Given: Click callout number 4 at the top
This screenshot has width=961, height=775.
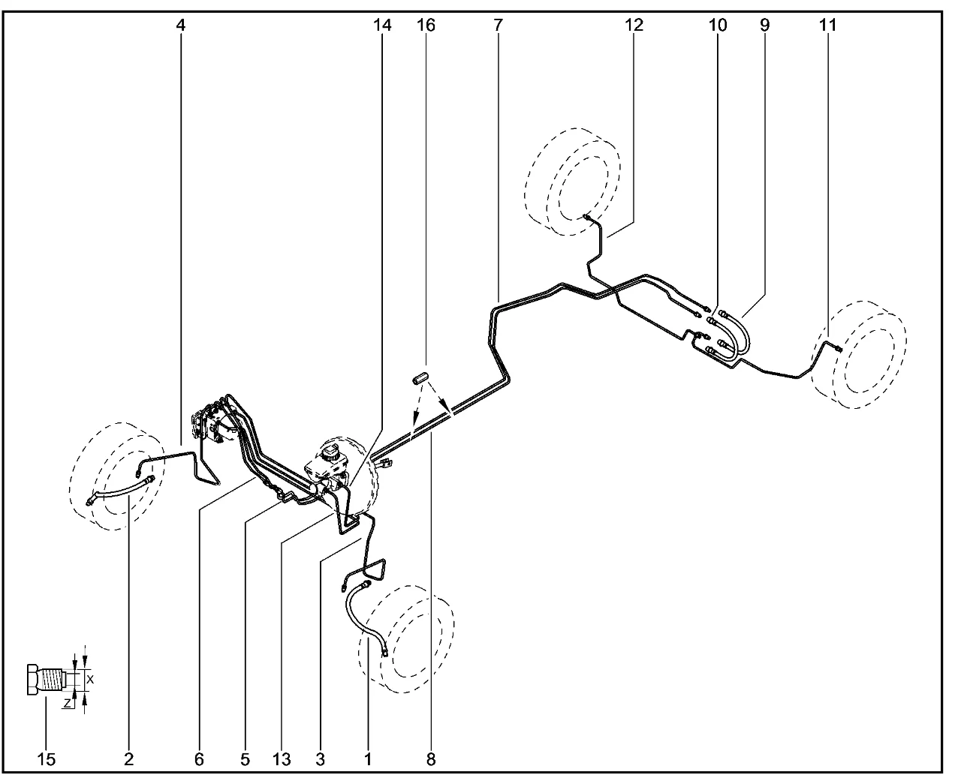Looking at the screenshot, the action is coord(180,26).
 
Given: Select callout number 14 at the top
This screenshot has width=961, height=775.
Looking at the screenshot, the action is coord(381,26).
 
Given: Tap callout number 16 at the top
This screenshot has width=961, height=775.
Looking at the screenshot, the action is coord(426,26).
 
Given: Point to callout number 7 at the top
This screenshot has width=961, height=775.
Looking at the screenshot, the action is coord(498,26).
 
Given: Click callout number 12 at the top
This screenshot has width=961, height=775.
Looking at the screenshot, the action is coord(634,26).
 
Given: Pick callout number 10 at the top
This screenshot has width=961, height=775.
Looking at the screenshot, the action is coord(717,26).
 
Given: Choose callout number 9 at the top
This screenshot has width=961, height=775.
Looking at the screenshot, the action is coord(764,26).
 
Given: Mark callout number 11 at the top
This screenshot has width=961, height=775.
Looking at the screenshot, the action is coord(827,26).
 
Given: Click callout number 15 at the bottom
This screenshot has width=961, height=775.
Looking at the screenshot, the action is coord(46,759).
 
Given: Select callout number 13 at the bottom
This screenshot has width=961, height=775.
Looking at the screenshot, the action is coord(282,759).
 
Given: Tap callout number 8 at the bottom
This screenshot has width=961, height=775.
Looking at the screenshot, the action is coord(431,759).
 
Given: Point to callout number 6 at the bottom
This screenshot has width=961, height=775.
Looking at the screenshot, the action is coord(199,759).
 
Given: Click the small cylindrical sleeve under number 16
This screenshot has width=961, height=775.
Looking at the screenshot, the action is coord(419,378).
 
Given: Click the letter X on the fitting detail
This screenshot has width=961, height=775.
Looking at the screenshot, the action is coord(90,680).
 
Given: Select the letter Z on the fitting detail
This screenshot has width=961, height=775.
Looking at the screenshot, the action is coord(68,703).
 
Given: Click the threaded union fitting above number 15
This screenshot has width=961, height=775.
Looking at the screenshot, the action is coord(47,680).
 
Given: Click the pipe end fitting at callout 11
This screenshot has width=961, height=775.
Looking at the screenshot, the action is coord(839,349).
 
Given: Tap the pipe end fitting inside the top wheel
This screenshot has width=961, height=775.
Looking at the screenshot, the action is coord(586,218).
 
